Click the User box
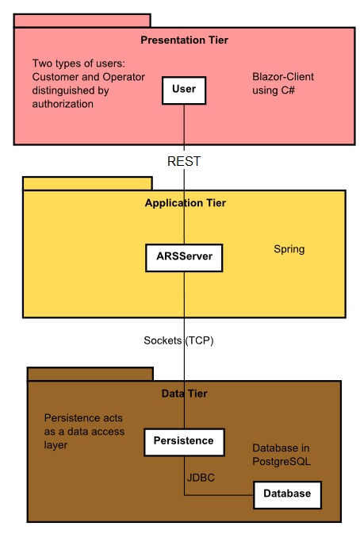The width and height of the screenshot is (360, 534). click(184, 90)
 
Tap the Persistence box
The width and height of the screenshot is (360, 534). click(184, 441)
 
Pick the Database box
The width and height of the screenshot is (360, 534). click(287, 494)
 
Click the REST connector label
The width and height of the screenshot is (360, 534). click(184, 161)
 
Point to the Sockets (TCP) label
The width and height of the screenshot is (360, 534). click(178, 340)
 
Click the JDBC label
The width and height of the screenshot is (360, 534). click(201, 478)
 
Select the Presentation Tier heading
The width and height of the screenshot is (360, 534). click(184, 40)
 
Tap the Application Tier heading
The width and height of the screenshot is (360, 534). click(185, 203)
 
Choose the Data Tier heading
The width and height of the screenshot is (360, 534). click(184, 394)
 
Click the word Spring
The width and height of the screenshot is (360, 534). click(289, 249)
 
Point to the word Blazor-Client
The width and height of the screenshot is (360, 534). click(283, 77)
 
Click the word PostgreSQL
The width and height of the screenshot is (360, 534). click(281, 461)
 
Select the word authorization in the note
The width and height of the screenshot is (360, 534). click(63, 104)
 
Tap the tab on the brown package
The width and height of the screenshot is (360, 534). click(90, 374)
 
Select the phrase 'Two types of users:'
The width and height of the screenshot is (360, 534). click(79, 63)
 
